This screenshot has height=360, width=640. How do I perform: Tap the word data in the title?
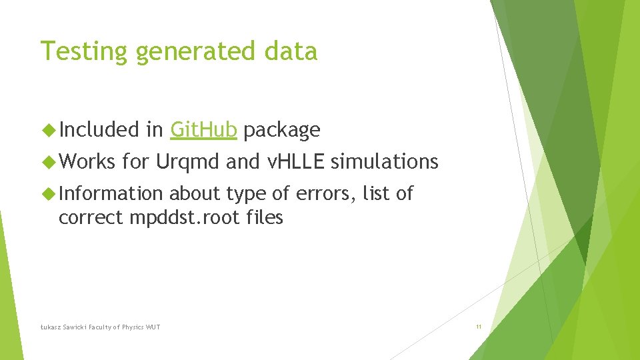[293, 51]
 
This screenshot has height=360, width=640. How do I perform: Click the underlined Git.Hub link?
[203, 129]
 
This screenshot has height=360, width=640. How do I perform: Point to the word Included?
[99, 129]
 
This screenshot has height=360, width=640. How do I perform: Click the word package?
[281, 129]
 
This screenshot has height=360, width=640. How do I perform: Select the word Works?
[87, 161]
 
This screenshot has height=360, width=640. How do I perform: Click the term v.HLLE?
[295, 161]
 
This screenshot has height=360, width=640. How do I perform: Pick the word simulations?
[385, 161]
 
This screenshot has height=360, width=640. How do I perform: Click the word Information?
[111, 193]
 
